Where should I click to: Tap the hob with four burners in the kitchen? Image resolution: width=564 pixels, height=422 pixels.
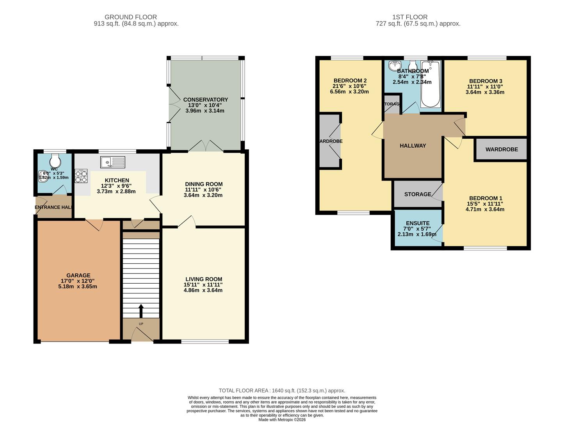click(x=81, y=175)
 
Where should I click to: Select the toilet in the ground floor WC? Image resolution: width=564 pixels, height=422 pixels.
click(x=55, y=160)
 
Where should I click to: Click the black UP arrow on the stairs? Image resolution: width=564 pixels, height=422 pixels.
click(x=141, y=311)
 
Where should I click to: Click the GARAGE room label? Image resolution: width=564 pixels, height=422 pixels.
click(x=78, y=275)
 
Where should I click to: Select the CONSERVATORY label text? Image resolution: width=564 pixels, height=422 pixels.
click(x=205, y=100)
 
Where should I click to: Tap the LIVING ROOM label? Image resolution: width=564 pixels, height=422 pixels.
click(x=204, y=279)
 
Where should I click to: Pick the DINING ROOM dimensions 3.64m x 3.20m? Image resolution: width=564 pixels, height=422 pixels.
click(x=203, y=195)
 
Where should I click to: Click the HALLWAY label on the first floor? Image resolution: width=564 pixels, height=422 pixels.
click(x=413, y=146)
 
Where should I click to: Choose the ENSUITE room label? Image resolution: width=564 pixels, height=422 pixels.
click(x=417, y=223)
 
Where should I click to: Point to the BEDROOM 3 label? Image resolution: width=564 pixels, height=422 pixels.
click(x=486, y=81)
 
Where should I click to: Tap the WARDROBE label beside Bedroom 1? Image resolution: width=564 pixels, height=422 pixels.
click(x=502, y=149)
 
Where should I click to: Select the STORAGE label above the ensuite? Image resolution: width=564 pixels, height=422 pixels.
click(x=417, y=194)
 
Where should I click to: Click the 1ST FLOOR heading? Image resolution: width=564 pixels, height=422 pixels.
click(x=409, y=17)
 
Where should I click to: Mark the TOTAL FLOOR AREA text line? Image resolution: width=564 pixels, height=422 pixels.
click(x=282, y=390)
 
